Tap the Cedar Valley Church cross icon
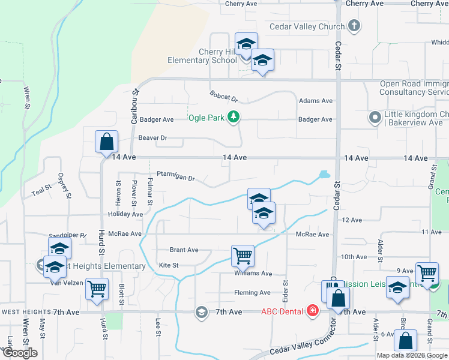[x=354, y=26]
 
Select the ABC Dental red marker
[x=312, y=311]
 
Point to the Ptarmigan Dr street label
[x=176, y=178]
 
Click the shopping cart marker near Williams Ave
[x=243, y=256]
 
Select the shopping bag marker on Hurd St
[x=106, y=142]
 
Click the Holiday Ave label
[x=125, y=214]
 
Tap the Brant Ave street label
[x=184, y=250]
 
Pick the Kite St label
[x=169, y=265]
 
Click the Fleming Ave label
[x=252, y=293]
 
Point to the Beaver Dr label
[x=152, y=138]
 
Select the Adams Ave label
[x=316, y=101]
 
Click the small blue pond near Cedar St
[x=324, y=175]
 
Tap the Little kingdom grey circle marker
[x=375, y=118]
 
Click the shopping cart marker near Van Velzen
[x=97, y=289]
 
